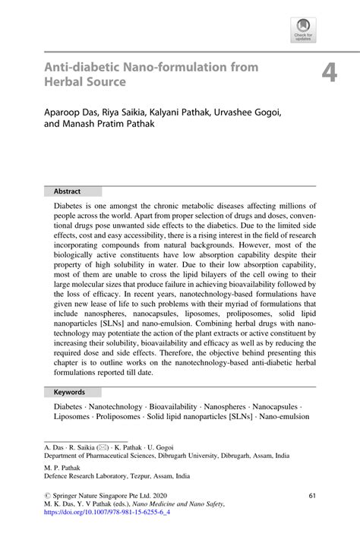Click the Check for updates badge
(303, 30)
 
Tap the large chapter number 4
(328, 74)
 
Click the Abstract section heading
(67, 191)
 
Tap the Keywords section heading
(69, 393)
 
